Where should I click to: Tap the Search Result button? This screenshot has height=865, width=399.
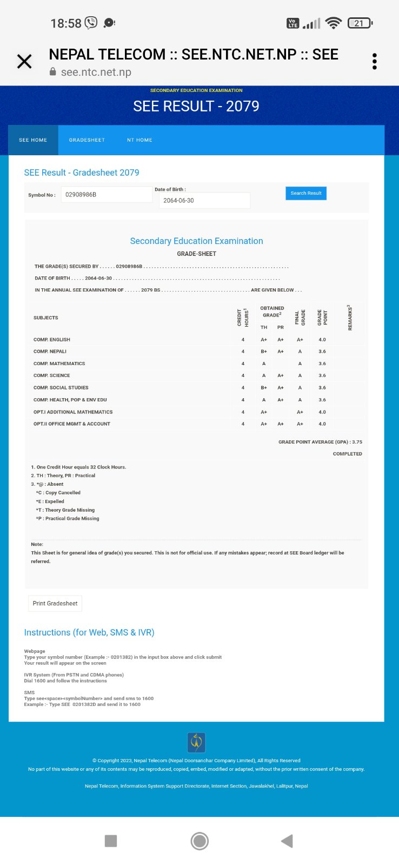(305, 193)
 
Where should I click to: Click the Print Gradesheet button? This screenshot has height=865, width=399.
(55, 603)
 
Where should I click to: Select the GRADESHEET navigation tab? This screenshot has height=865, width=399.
(87, 140)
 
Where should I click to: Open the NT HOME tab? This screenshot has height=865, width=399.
(139, 140)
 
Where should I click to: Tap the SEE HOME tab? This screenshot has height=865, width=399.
(33, 140)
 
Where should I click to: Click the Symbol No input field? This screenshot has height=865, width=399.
(106, 195)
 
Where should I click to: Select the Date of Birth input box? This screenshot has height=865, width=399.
(204, 201)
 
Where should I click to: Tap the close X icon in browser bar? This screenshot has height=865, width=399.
(24, 62)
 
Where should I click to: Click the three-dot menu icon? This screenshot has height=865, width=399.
(374, 62)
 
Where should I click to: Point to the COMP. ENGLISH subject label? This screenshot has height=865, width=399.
(52, 340)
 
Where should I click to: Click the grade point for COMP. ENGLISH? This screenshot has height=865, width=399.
(322, 340)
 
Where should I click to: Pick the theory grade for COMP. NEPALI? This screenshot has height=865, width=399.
(264, 352)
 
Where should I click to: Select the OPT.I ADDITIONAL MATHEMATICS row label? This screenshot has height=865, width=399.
(73, 412)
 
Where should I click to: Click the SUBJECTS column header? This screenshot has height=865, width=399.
(46, 318)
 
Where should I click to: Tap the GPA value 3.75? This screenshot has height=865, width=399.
(357, 442)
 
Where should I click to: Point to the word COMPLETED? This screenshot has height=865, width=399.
(347, 454)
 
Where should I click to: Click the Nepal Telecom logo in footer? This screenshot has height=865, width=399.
(196, 742)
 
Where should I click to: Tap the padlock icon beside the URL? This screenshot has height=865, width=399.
(53, 72)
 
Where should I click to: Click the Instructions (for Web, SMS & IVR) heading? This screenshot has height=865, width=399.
(89, 632)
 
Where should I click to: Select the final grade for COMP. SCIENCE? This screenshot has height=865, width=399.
(300, 375)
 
